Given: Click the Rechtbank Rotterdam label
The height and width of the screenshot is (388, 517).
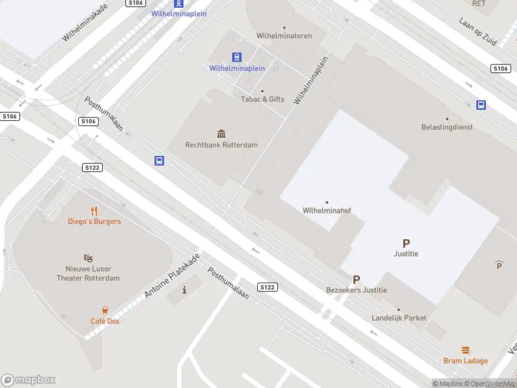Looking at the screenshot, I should click(221, 145).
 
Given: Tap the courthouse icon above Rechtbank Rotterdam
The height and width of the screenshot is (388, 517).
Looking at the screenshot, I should click(222, 133).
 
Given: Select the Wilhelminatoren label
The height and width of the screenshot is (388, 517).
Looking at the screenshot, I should click(284, 36).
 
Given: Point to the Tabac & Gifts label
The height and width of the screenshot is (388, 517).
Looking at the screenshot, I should click(262, 99).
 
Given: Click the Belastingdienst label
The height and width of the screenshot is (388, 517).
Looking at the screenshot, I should click(447, 127).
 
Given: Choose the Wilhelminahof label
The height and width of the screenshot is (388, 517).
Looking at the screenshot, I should click(326, 210).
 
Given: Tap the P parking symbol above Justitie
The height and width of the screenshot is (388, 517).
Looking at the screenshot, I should click(406, 244).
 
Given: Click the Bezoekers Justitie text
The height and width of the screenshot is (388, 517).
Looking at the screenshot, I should click(356, 290).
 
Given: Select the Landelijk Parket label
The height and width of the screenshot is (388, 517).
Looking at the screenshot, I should click(399, 318).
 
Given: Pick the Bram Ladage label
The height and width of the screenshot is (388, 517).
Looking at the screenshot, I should click(465, 361).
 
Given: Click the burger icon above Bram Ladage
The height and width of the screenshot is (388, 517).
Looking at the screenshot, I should click(465, 350).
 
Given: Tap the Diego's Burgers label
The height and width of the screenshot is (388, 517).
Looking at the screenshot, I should click(94, 221).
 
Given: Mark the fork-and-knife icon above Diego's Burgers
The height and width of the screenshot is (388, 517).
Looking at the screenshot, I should click(94, 210).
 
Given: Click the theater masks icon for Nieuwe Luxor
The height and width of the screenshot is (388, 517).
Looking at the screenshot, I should click(88, 258).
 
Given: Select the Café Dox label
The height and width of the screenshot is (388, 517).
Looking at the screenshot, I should click(105, 321).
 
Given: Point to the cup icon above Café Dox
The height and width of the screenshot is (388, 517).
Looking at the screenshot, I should click(105, 310).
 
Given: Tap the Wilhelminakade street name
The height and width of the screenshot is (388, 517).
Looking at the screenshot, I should click(85, 23).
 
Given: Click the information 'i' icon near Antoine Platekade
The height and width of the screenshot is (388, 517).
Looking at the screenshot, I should click(185, 289).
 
